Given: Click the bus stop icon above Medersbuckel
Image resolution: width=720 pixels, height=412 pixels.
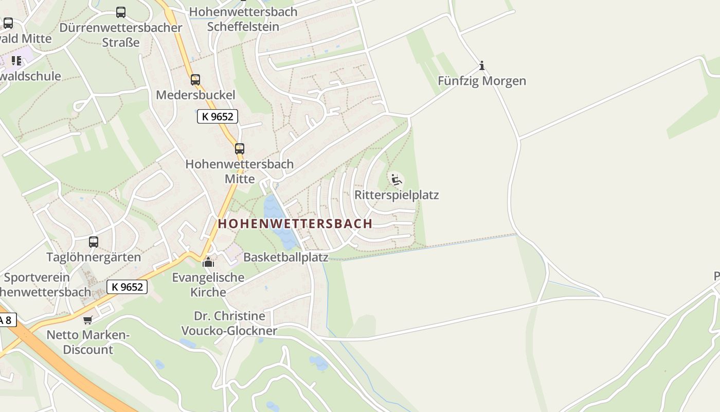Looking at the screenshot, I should (195, 80).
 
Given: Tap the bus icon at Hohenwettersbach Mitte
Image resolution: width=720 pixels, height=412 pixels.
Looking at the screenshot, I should (239, 149).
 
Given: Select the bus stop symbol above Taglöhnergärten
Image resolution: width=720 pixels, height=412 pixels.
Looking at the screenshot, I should (94, 242).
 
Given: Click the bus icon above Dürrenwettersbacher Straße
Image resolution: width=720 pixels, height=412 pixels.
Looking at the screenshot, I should (121, 12).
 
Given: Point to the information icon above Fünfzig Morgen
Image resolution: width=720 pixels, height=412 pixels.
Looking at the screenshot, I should (482, 65).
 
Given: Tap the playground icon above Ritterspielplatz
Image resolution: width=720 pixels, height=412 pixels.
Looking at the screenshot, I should (396, 180).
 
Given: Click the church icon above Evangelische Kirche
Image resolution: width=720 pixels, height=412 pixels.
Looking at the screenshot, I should (208, 262).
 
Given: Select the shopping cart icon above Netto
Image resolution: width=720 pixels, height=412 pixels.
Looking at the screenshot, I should (88, 320).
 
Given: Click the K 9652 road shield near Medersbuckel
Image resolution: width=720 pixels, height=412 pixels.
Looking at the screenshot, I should (218, 117).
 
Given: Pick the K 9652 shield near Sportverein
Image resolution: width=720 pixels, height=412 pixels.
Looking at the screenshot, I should (127, 287).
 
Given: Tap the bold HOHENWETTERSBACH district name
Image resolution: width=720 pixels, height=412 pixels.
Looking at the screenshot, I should (295, 224).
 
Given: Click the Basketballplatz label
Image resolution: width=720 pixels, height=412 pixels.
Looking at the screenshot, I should (285, 257).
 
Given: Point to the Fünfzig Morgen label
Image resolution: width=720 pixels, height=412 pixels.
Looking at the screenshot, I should (482, 81).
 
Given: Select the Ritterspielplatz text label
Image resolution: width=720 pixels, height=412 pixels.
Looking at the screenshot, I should (397, 195).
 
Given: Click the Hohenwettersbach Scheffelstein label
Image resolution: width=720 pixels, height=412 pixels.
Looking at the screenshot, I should (243, 19).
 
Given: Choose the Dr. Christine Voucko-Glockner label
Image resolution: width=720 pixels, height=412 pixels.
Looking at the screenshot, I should (229, 323).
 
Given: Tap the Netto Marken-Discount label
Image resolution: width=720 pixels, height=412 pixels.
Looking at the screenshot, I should (87, 342).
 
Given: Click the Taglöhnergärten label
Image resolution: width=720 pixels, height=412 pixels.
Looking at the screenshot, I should (94, 257).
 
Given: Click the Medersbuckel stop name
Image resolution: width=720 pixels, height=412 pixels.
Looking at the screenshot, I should (195, 95).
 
